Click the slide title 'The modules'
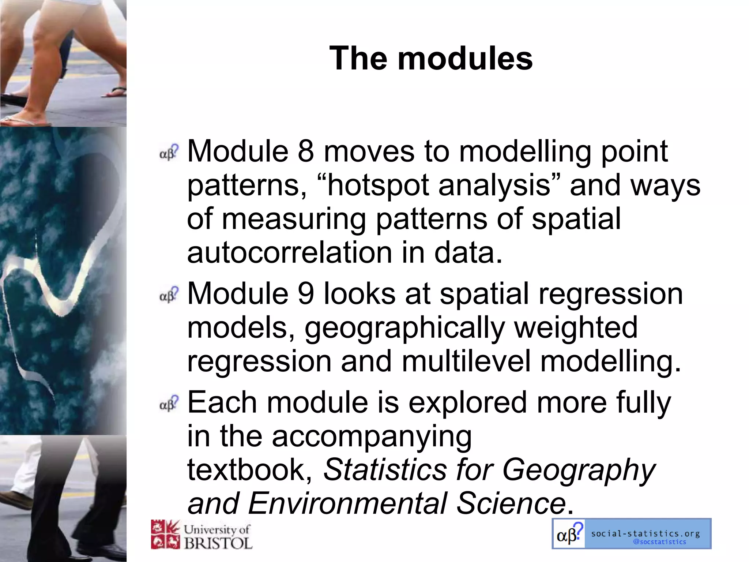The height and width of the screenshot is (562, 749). (x=431, y=58)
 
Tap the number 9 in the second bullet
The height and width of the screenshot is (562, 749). (x=306, y=293)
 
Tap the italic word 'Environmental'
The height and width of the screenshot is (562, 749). (x=347, y=503)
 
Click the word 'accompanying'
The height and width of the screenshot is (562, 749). (x=372, y=436)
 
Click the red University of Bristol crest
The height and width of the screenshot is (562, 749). (x=165, y=535)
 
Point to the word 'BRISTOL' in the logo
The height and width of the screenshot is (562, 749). (x=218, y=543)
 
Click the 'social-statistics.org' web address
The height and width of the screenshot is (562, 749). (x=645, y=533)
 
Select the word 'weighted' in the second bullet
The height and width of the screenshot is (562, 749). (x=576, y=328)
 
